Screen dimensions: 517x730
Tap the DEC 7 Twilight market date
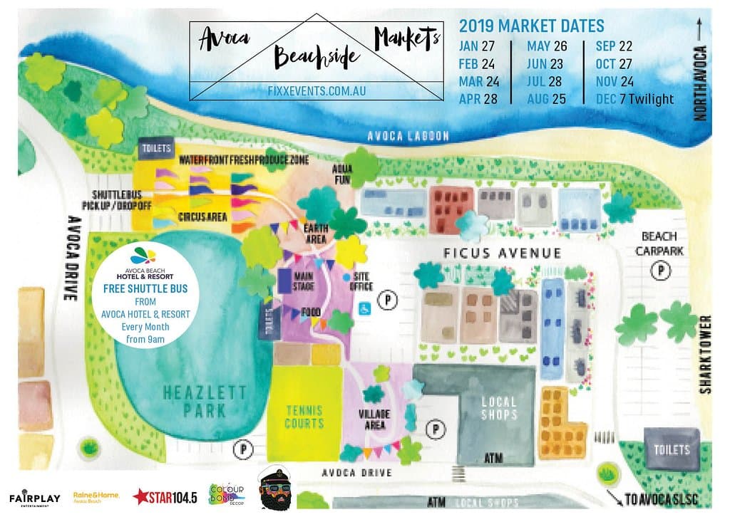tap(634, 99)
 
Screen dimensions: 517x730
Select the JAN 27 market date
tap(478, 46)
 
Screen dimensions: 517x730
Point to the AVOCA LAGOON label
tap(408, 136)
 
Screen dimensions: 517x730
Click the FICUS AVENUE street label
tap(502, 254)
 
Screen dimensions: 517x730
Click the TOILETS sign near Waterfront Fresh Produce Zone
tap(156, 148)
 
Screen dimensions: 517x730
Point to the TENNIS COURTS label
tap(304, 417)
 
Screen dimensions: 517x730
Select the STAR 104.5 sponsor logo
tap(165, 497)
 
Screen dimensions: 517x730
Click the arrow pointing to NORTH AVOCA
tap(700, 29)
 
